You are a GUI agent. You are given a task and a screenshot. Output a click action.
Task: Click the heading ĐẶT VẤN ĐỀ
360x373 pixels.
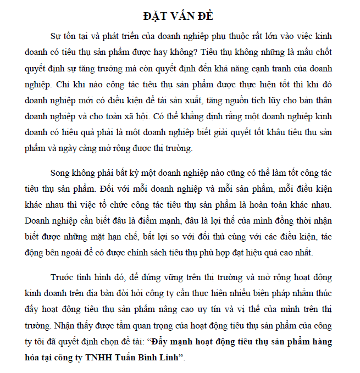tap(180, 16)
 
